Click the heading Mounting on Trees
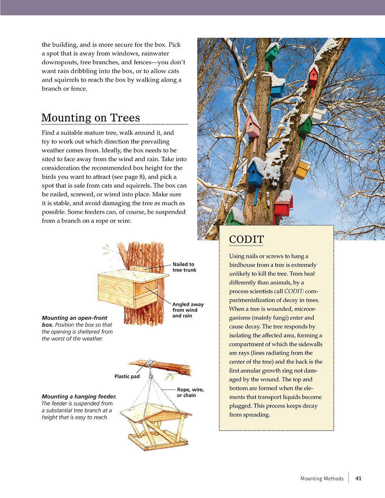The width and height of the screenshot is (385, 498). [x=90, y=118]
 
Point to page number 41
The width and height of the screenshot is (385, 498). [x=358, y=478]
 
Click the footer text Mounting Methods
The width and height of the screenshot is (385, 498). [x=322, y=479]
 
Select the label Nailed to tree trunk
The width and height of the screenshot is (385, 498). [x=184, y=267]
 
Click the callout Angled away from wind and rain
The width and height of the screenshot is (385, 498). [x=188, y=310]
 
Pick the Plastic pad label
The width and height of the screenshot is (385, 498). [x=127, y=376]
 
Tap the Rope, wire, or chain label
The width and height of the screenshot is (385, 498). [x=190, y=393]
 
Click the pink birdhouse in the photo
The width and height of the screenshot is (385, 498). [x=253, y=126]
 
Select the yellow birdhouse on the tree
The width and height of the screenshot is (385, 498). [x=302, y=170]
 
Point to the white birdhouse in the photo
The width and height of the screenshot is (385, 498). [x=318, y=115]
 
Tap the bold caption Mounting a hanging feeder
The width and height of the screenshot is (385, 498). [x=79, y=396]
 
